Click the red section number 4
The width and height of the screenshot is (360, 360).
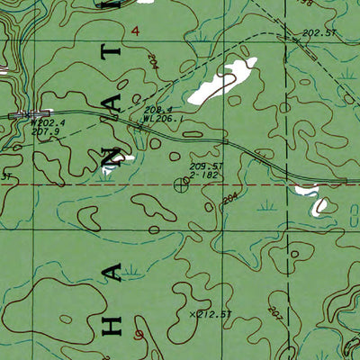tap(135, 31)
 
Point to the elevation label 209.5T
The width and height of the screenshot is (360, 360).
tap(206, 166)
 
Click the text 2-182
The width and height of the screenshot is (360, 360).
tap(203, 175)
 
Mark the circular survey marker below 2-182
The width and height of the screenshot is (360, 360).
tap(178, 185)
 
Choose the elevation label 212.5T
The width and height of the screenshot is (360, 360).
tap(214, 314)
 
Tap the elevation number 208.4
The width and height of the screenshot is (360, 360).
tap(157, 109)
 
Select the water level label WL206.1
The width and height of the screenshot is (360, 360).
tap(162, 118)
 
